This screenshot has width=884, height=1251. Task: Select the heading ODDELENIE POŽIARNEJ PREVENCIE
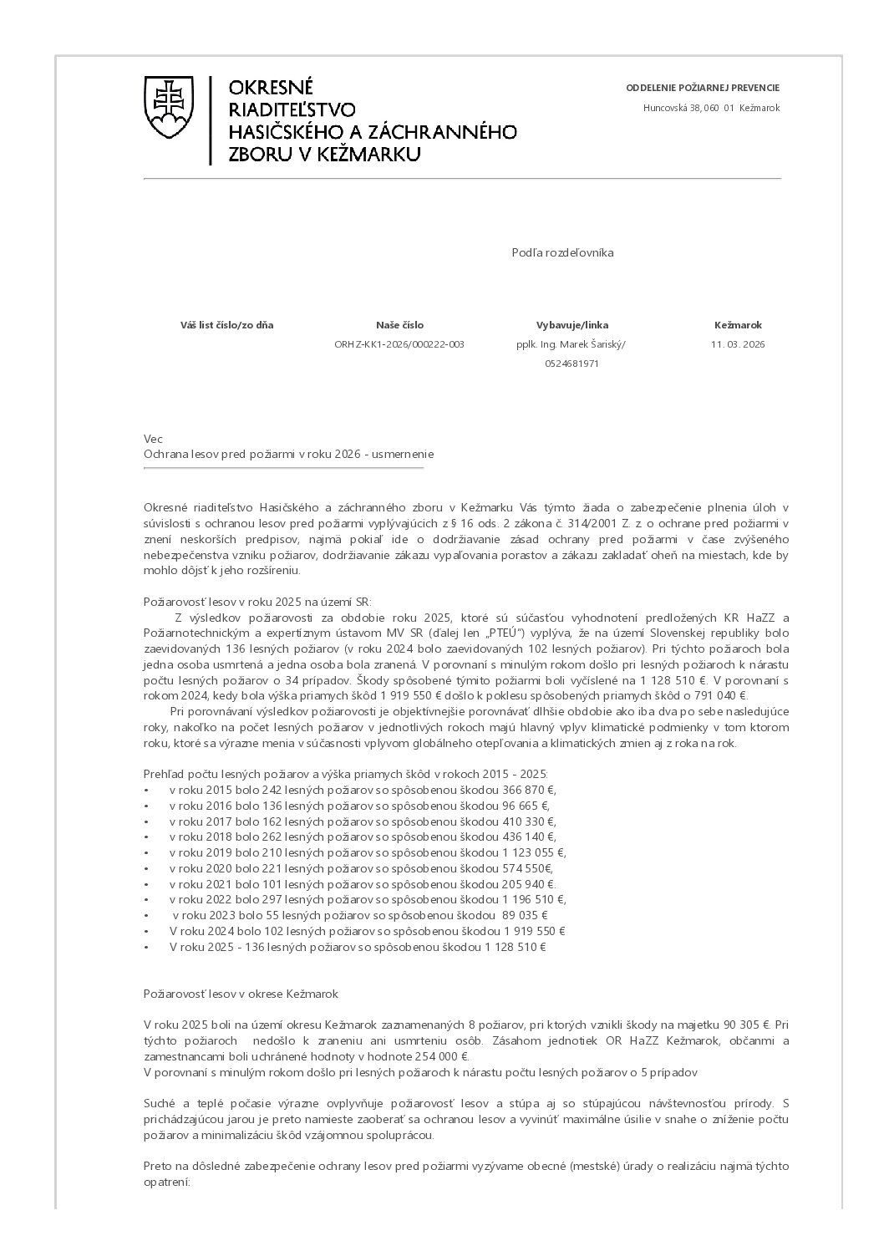click(x=703, y=88)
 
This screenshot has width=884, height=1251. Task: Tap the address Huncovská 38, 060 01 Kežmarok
click(x=711, y=108)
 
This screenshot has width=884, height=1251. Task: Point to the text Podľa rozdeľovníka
click(x=562, y=252)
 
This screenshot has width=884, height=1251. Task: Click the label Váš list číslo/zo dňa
click(x=226, y=325)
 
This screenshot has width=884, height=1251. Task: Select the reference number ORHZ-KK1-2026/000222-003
click(x=399, y=344)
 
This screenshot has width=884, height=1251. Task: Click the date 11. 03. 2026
click(x=738, y=344)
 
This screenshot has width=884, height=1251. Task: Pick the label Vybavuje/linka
click(x=572, y=325)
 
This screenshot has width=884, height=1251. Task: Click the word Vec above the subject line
click(x=153, y=439)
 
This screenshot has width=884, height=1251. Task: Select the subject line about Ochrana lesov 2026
click(x=289, y=454)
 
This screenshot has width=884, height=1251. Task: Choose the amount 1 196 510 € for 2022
click(x=534, y=900)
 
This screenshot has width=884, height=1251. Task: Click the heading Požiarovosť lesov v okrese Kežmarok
click(x=241, y=994)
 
